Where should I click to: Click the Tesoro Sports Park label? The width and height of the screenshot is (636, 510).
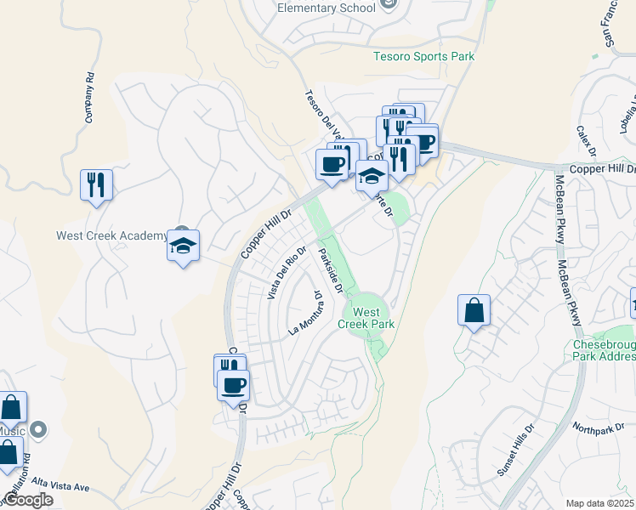click(x=423, y=57)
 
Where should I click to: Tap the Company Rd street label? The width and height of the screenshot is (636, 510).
click(x=88, y=98)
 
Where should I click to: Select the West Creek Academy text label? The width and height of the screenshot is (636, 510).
click(x=111, y=235)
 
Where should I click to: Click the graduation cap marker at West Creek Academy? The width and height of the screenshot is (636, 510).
click(x=183, y=246)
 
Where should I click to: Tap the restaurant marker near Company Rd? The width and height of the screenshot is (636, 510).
click(x=96, y=184)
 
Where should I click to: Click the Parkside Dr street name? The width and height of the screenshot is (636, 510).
click(x=331, y=269)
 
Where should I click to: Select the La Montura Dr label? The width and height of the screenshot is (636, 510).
click(x=305, y=314)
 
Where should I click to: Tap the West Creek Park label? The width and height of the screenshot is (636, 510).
click(x=366, y=317)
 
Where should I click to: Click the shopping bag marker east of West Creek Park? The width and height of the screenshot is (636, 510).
click(x=474, y=311)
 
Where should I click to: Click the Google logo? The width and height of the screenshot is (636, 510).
click(x=28, y=500)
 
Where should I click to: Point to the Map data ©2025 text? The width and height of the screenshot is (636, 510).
click(x=599, y=503)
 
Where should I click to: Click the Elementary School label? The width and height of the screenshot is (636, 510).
click(x=327, y=8)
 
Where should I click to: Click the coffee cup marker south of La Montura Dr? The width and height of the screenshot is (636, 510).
click(x=233, y=387)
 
